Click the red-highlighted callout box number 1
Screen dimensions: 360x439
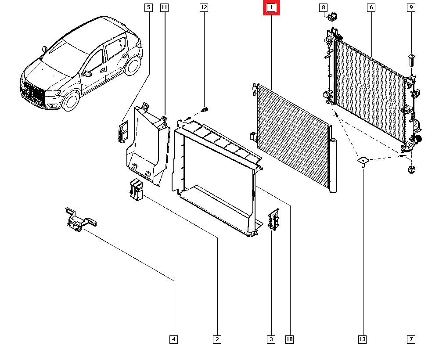271,8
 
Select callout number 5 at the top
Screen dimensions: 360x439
148,7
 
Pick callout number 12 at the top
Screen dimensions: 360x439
204,7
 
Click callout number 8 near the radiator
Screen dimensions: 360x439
323,7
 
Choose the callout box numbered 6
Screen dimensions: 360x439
371,7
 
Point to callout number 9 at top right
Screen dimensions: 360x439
411,7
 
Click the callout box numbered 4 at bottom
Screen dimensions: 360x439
174,339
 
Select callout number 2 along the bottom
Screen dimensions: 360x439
217,339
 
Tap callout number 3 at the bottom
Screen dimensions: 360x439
271,339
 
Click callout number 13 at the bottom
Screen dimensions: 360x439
362,339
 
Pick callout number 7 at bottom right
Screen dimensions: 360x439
411,339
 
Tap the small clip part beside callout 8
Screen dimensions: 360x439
332,18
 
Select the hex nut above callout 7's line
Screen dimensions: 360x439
412,170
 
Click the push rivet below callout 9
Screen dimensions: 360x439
411,60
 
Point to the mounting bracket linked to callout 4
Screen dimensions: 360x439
79,219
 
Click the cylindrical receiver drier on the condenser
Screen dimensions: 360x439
333,166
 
